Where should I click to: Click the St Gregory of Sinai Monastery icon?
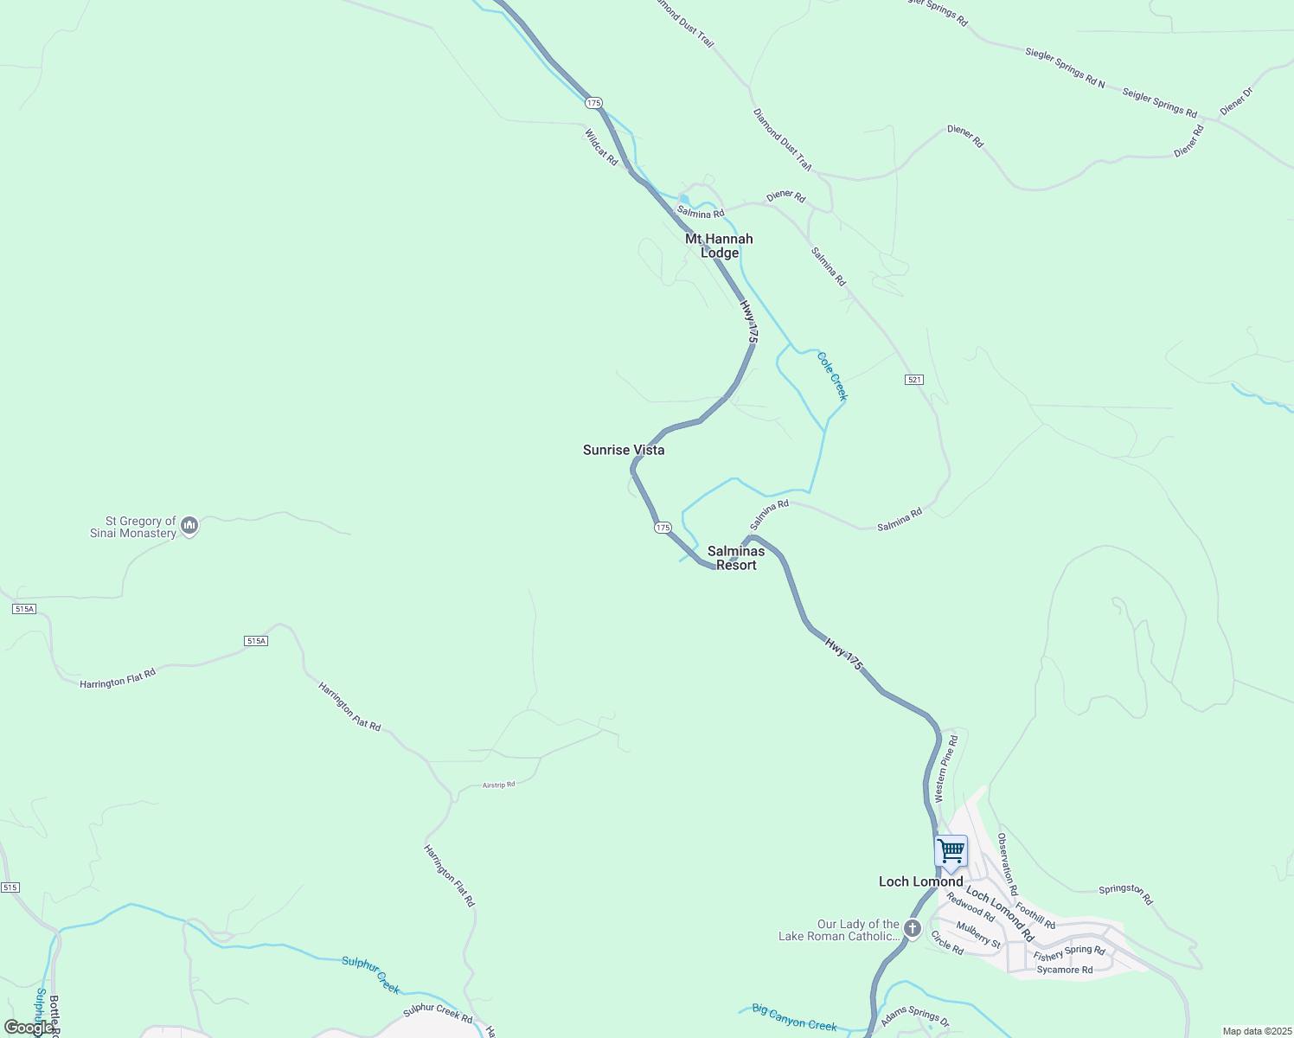click(189, 525)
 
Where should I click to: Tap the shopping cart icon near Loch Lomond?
click(951, 851)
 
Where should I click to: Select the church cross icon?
click(912, 929)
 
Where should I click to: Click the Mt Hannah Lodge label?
click(719, 246)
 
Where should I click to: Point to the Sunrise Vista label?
click(624, 450)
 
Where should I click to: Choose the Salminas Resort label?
click(736, 558)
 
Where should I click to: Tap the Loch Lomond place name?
click(920, 881)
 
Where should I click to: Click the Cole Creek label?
click(832, 376)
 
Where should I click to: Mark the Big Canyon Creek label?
click(794, 1017)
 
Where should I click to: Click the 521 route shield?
click(915, 380)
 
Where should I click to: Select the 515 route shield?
click(10, 887)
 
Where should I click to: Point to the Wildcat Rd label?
click(601, 148)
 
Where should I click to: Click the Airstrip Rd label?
click(498, 785)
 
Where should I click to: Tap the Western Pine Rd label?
click(946, 768)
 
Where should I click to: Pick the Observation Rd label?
click(1008, 864)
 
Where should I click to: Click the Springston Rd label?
click(1125, 894)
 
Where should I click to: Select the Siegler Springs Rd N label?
click(1065, 67)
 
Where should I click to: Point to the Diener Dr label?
click(1235, 101)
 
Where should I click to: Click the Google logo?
click(28, 1028)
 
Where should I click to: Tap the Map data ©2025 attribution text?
click(1256, 1031)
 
